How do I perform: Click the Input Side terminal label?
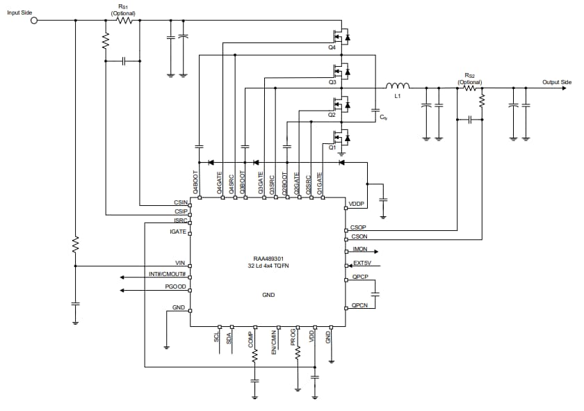click(19, 13)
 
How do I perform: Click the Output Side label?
click(556, 82)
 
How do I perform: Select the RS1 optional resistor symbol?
click(124, 20)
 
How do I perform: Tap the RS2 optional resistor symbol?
click(470, 88)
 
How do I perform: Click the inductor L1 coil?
click(398, 86)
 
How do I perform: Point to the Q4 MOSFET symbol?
click(341, 35)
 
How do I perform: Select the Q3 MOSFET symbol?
click(341, 70)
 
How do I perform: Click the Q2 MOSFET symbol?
click(341, 104)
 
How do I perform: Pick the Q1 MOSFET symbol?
click(341, 136)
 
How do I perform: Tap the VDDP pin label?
click(356, 204)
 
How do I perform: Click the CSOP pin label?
click(359, 227)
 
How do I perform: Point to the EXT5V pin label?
click(362, 264)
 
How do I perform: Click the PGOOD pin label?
click(175, 287)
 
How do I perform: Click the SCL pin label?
click(217, 337)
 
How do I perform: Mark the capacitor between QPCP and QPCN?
click(375, 294)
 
